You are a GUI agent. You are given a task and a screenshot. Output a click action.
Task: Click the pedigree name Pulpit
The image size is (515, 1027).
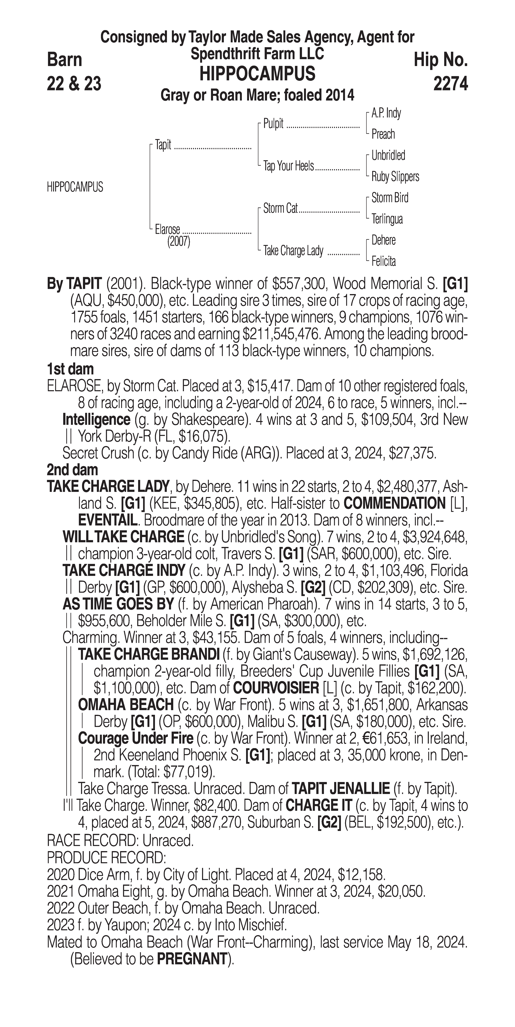click(x=273, y=124)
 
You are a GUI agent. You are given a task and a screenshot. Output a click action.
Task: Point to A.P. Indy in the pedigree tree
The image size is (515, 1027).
click(x=386, y=113)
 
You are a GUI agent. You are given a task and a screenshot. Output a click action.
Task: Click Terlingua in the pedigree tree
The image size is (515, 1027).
click(x=387, y=219)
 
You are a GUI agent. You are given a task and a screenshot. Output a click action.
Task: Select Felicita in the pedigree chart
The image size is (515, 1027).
click(x=384, y=261)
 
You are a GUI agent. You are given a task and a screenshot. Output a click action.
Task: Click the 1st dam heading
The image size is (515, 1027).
click(x=70, y=369)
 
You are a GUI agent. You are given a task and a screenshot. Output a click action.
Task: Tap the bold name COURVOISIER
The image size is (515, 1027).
click(x=275, y=688)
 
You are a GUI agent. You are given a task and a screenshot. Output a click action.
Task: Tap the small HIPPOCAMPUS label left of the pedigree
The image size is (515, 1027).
click(x=75, y=187)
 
